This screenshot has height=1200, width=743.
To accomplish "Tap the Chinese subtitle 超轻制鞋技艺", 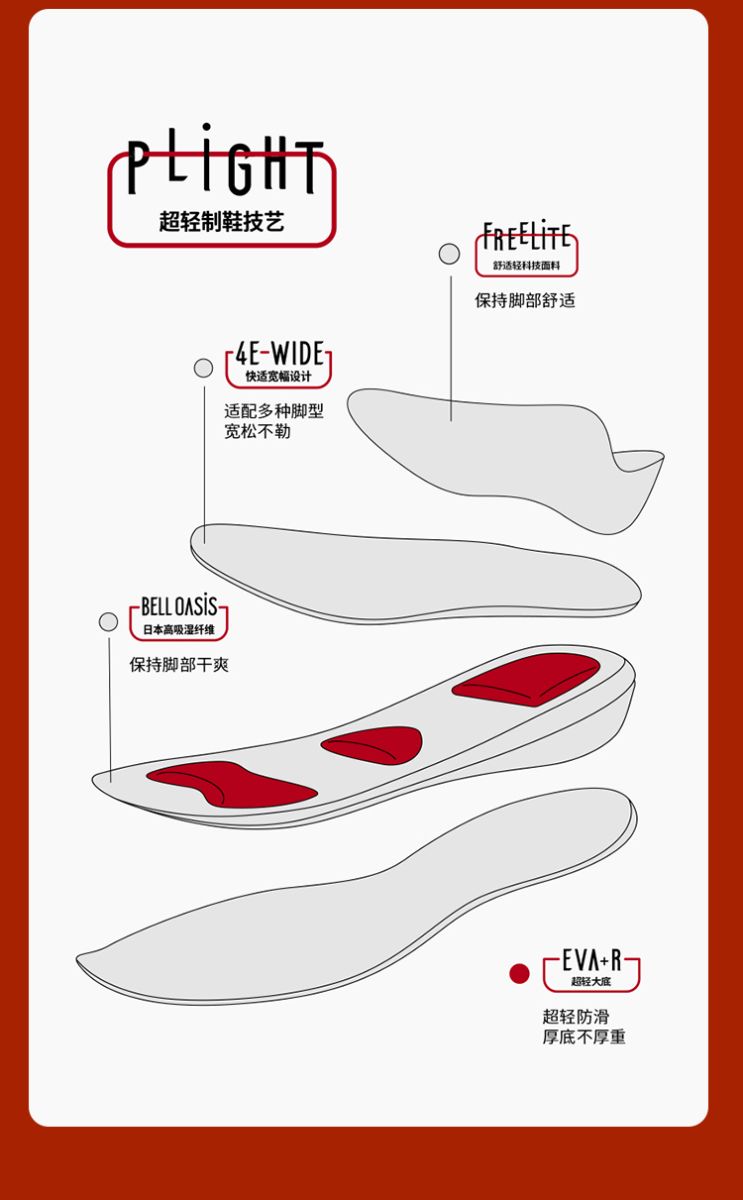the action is [x=222, y=221].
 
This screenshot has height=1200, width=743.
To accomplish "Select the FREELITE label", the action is [x=527, y=238].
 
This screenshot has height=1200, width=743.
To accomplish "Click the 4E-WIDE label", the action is [x=279, y=354].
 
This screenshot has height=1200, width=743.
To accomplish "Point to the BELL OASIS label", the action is [x=178, y=606].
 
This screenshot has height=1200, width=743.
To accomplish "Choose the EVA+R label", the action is [x=591, y=960].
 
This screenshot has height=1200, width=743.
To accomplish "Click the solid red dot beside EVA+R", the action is [x=519, y=973].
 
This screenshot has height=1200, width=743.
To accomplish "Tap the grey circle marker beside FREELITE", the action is [x=449, y=254].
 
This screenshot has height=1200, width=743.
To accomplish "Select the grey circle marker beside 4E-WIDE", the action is [x=203, y=368].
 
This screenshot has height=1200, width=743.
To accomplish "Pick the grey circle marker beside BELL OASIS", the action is [x=108, y=622].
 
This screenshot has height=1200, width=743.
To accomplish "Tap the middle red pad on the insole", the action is [x=374, y=744].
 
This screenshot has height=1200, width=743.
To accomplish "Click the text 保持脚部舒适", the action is [x=525, y=300].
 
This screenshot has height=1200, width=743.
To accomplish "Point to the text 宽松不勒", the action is [x=258, y=432].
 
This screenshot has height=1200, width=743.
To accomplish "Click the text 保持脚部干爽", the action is [x=179, y=664].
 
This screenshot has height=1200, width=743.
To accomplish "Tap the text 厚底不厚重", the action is [x=584, y=1037].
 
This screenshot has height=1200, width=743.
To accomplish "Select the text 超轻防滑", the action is [x=576, y=1017].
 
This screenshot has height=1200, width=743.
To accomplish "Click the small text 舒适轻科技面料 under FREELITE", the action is [x=527, y=266].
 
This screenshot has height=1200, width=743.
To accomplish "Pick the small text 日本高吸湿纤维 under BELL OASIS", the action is [x=178, y=629].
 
